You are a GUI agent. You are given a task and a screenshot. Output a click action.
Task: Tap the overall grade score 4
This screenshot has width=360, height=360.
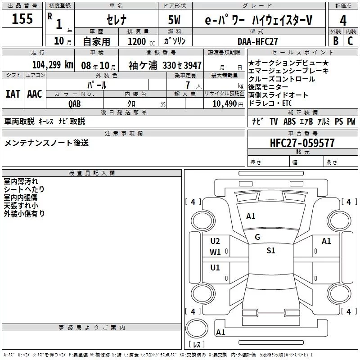(343, 21)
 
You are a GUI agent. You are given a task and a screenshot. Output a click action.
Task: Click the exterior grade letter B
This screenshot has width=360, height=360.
(335, 40)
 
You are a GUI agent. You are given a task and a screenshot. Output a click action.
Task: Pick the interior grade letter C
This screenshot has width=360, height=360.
(351, 40)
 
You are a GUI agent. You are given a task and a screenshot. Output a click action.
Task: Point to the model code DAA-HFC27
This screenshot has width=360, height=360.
(258, 41)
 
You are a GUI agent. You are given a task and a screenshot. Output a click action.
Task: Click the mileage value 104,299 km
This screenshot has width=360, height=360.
(53, 65)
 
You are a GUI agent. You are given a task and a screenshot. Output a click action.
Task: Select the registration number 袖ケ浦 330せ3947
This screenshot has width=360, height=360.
(165, 65)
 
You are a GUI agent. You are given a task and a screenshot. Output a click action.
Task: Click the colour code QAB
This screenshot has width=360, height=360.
(75, 103)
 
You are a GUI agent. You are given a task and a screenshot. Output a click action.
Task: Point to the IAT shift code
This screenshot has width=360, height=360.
(13, 94)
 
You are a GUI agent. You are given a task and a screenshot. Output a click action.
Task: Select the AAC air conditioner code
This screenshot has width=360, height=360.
(35, 94)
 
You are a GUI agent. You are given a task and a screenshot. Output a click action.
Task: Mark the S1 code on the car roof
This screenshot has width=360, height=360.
(270, 251)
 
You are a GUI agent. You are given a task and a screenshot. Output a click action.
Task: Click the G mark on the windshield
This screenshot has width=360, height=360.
(257, 237)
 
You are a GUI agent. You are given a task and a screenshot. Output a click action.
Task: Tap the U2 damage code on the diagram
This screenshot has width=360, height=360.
(215, 241)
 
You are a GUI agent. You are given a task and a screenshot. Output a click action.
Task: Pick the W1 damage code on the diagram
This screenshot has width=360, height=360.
(215, 252)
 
